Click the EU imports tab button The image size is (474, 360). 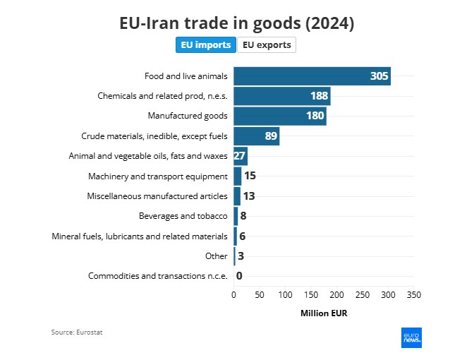click(x=206, y=44)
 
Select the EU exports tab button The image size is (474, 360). click(x=266, y=44)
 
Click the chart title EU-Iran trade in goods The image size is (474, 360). click(x=236, y=23)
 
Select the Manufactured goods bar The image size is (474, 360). click(x=279, y=116)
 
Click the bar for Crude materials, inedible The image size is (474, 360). click(x=256, y=136)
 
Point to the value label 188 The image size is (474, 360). click(x=320, y=96)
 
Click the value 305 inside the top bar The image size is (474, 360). click(x=379, y=76)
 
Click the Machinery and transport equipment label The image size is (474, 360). click(x=157, y=176)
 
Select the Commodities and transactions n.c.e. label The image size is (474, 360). click(x=157, y=276)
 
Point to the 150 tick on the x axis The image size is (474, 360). click(x=311, y=294)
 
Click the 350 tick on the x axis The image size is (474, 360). click(x=414, y=294)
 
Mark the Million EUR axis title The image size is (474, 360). click(x=324, y=313)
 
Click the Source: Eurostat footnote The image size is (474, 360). click(x=77, y=332)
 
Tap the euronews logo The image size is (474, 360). click(x=411, y=337)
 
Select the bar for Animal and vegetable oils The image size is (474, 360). click(x=241, y=156)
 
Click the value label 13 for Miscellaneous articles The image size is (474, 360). click(x=249, y=196)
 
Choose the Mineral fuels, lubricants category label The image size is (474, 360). click(x=140, y=236)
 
